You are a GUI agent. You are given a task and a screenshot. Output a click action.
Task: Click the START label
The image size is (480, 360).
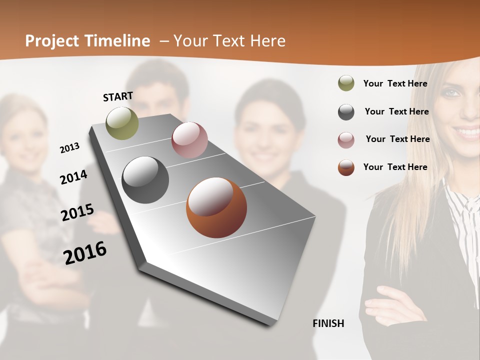[x=118, y=96]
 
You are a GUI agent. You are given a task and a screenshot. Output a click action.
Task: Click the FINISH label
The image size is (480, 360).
[x=328, y=323]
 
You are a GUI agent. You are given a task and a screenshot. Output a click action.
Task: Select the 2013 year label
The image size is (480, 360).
[x=69, y=148]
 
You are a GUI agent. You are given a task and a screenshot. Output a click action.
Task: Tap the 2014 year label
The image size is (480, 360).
[x=73, y=177]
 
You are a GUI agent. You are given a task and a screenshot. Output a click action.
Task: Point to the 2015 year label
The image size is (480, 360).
[x=77, y=212]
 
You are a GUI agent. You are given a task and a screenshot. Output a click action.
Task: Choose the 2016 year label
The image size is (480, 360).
[x=85, y=253]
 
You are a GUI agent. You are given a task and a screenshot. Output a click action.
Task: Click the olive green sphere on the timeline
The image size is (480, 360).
[x=122, y=123]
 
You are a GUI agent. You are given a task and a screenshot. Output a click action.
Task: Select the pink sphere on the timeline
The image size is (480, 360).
[x=189, y=140]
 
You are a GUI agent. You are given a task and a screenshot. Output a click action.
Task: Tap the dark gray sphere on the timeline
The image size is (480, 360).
[x=145, y=180]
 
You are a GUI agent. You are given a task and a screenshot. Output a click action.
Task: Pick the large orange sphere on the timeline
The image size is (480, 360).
[x=216, y=207]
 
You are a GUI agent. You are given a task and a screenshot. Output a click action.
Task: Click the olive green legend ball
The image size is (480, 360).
[x=346, y=83]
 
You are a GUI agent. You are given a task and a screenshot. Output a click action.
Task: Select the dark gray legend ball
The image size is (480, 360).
[x=346, y=112]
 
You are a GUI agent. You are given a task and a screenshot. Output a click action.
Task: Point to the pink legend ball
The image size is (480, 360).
[x=346, y=140]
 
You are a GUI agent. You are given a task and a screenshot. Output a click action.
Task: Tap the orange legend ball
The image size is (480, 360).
[x=346, y=167]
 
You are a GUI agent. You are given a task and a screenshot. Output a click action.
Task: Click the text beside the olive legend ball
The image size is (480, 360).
[x=395, y=83]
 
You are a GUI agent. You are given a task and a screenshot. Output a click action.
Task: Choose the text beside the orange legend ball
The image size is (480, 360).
[x=395, y=167]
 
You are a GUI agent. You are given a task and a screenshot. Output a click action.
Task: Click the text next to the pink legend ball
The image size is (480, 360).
[x=398, y=139]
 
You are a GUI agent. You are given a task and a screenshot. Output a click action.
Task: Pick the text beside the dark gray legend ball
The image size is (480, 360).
[x=397, y=111]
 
